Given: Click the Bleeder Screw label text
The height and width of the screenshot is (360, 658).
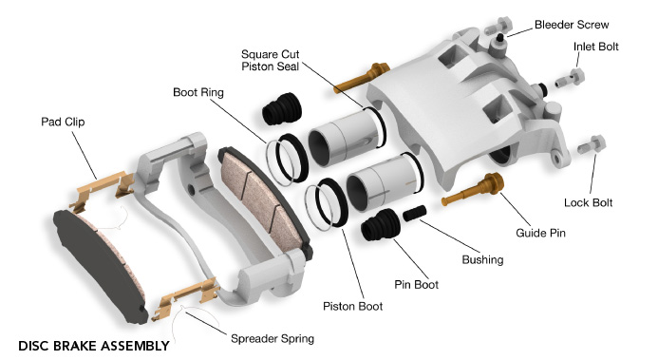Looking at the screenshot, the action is [x=572, y=25].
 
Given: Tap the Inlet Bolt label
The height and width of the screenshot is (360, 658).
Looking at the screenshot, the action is [x=596, y=47].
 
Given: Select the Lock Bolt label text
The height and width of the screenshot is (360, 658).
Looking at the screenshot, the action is [x=588, y=202].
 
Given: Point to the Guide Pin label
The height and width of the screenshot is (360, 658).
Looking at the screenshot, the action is [x=540, y=233].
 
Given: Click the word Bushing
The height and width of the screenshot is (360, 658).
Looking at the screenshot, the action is [x=482, y=259].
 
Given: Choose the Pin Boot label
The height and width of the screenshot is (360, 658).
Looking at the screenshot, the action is [x=416, y=284].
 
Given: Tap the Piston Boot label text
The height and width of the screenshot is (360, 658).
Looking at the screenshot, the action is [x=352, y=306].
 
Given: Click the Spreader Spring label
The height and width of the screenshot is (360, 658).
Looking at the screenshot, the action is [x=273, y=338].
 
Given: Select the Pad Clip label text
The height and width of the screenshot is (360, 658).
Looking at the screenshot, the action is [x=63, y=122].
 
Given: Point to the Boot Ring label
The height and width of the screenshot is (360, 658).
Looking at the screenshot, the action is [x=198, y=92].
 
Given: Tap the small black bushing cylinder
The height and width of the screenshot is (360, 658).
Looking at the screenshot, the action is [x=415, y=213].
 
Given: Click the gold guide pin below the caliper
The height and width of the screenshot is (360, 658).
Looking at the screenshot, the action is [x=473, y=189].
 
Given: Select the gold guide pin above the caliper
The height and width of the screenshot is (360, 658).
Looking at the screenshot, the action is [x=362, y=78].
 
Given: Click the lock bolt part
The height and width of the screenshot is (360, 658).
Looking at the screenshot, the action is [x=592, y=144].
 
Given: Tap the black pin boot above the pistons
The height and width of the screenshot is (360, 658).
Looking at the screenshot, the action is [x=282, y=108].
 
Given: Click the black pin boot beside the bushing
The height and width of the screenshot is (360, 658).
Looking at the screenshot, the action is [x=381, y=224].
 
